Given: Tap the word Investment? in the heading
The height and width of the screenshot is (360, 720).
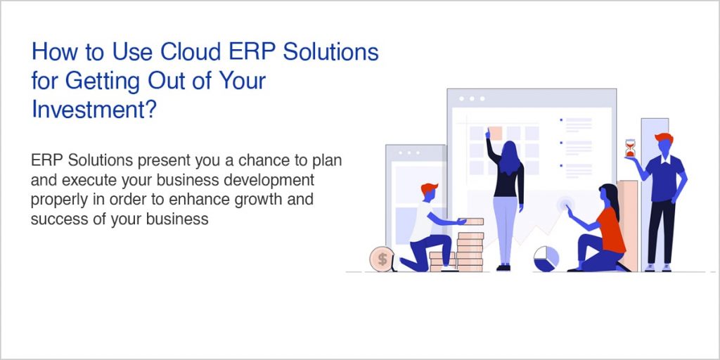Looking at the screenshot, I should point(93,109).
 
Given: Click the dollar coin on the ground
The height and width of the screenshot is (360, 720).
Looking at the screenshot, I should point(382,259).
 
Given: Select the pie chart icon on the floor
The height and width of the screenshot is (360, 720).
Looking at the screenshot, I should point(546,257).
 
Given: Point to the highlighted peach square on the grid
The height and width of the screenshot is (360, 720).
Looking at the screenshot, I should point(495,133).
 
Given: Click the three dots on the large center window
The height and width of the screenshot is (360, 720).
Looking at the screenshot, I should point(471,99).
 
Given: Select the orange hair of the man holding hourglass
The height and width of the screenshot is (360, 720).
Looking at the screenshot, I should point(663,138).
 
